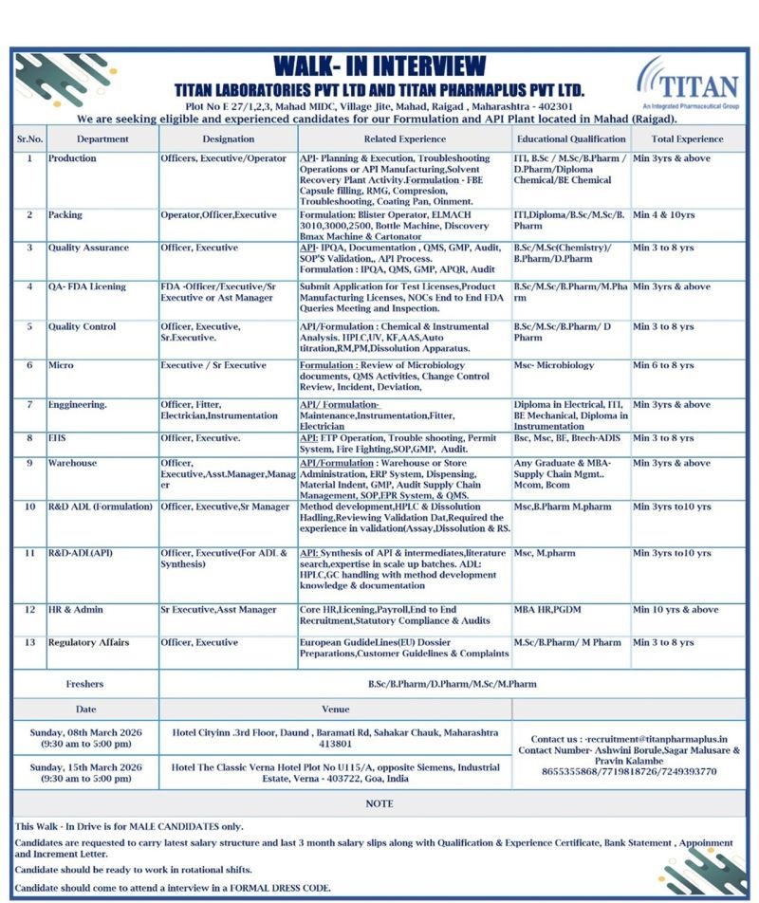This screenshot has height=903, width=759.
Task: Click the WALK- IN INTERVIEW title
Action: coord(379,66)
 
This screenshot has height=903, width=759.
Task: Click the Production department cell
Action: coord(72,158)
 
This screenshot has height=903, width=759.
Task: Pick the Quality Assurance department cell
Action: coord(88,248)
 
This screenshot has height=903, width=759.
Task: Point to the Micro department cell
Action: coord(61,365)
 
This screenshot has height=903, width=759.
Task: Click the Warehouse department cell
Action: coord(72,463)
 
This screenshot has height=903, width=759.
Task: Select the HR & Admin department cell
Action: coord(76,609)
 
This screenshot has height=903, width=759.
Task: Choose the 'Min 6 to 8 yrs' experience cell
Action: coord(663,365)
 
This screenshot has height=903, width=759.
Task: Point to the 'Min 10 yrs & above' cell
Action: coord(676,609)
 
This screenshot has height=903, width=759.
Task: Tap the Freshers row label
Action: coord(84,683)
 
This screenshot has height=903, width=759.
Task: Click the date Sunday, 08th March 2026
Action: coord(85,732)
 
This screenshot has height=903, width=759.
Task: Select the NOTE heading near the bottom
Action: coord(379,803)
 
